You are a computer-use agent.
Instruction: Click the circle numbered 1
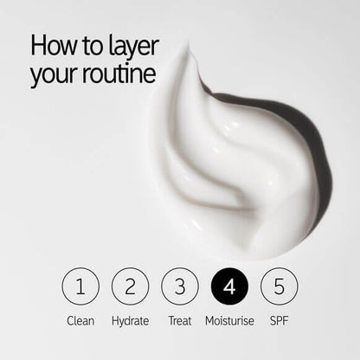coord(80,286)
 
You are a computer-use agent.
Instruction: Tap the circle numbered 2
coord(131,286)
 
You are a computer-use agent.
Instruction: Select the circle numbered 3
coord(180,286)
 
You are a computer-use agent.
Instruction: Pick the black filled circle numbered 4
coord(229,286)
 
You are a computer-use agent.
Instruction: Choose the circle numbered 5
coord(279,286)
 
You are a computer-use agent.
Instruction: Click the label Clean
coord(80,321)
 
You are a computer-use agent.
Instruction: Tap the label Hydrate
coord(131,321)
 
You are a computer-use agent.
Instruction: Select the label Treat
coord(180,321)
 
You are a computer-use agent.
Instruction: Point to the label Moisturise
coord(229,321)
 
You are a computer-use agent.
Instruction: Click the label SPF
coord(279,321)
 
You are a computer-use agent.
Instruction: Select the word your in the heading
coord(53,75)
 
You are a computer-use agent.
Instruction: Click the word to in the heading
coord(91,46)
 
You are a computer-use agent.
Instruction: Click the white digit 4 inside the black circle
coord(229,286)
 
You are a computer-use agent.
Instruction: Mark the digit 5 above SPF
coord(279,286)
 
